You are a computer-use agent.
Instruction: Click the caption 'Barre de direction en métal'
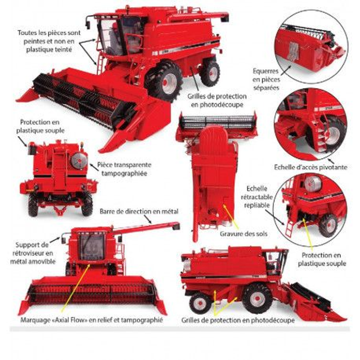point(139,211)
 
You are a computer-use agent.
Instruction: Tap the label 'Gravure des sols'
point(244,234)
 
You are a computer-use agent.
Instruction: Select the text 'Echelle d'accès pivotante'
point(310,167)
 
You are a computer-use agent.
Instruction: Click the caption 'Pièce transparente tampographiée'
point(124,169)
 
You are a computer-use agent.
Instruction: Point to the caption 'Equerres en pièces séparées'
point(266,79)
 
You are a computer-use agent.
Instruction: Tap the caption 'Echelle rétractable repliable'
point(256,197)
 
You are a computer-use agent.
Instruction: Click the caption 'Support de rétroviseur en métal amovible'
point(33,253)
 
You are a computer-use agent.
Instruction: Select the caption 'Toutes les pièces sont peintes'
point(49,37)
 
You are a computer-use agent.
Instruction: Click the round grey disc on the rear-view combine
point(79,160)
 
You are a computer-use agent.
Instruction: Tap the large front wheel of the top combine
point(164,81)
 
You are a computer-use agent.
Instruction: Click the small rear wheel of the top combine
point(210,73)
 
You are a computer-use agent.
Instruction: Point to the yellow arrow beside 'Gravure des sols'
point(231,217)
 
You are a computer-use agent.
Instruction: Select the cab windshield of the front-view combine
point(92,246)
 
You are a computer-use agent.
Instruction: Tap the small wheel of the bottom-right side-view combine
point(200,303)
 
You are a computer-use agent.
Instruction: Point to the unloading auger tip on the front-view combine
point(176,226)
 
